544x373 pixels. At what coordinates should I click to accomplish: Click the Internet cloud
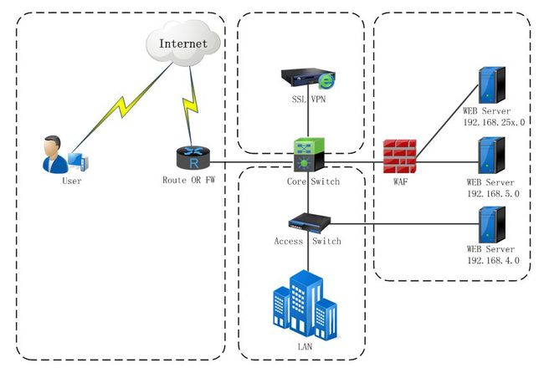[183, 43]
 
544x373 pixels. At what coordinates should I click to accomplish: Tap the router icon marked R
[193, 158]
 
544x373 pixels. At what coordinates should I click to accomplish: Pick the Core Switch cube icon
[309, 155]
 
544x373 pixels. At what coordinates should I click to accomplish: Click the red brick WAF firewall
[400, 156]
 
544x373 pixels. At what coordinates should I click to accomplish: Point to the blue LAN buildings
[305, 304]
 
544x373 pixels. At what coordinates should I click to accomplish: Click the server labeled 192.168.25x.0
[491, 85]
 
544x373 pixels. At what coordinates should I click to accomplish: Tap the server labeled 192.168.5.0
[491, 156]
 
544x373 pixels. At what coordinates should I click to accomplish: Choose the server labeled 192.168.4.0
[491, 225]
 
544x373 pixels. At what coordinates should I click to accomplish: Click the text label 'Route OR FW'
[189, 180]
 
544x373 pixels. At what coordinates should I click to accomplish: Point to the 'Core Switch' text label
[313, 181]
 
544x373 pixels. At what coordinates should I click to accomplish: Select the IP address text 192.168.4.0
[493, 260]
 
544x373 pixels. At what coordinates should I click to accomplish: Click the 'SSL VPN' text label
[309, 100]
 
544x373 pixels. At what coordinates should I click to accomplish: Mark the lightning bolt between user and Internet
[122, 108]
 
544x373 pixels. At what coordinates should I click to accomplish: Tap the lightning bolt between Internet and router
[190, 105]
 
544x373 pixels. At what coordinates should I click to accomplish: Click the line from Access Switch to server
[404, 224]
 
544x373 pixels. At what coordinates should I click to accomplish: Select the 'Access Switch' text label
[308, 241]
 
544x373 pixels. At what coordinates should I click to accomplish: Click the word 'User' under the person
[72, 181]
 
